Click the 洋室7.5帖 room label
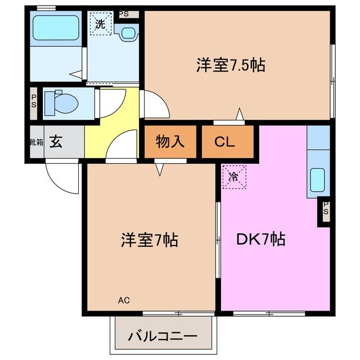click(231, 65)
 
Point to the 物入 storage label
click(170, 141)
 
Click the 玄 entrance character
click(56, 142)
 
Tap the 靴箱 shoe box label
click(35, 142)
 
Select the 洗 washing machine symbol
click(100, 24)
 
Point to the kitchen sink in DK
click(318, 179)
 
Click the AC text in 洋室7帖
click(123, 300)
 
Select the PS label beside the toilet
click(34, 103)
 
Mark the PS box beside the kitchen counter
click(326, 211)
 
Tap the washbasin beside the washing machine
click(129, 33)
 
